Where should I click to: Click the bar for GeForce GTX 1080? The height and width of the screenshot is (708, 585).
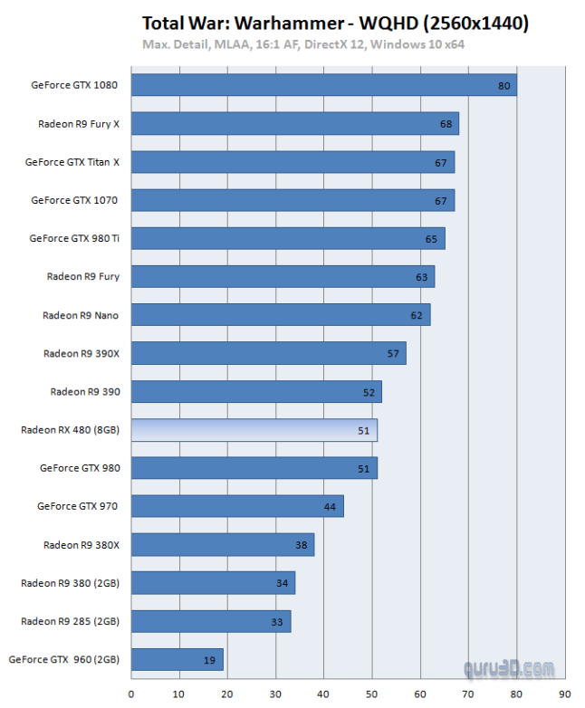pyautogui.click(x=323, y=85)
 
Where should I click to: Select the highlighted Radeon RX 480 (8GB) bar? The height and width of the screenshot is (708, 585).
pyautogui.click(x=254, y=430)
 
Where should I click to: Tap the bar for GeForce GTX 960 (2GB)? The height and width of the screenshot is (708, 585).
pyautogui.click(x=177, y=660)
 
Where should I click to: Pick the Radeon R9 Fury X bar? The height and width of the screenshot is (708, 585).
pyautogui.click(x=294, y=123)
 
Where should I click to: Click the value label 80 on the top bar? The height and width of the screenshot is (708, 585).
pyautogui.click(x=504, y=86)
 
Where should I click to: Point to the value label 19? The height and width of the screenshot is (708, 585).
pyautogui.click(x=210, y=661)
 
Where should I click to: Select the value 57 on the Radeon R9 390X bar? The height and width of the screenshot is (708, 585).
pyautogui.click(x=393, y=353)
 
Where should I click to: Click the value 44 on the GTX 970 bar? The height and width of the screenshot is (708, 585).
pyautogui.click(x=330, y=507)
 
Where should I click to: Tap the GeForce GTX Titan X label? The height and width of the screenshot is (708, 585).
pyautogui.click(x=72, y=162)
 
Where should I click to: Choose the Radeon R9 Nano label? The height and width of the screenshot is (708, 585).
pyautogui.click(x=81, y=315)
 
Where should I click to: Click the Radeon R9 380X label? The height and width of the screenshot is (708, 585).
pyautogui.click(x=82, y=545)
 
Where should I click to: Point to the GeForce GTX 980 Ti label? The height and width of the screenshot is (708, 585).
pyautogui.click(x=74, y=239)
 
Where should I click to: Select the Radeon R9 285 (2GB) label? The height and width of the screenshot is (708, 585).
pyautogui.click(x=70, y=622)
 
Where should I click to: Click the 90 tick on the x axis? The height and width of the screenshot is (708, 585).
pyautogui.click(x=564, y=694)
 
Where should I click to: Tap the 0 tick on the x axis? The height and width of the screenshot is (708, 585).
pyautogui.click(x=131, y=694)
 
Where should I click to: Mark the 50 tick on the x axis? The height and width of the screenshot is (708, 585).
pyautogui.click(x=371, y=694)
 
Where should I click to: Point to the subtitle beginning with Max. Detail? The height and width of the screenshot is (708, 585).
pyautogui.click(x=303, y=43)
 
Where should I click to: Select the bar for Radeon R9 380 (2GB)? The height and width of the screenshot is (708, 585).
pyautogui.click(x=213, y=583)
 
